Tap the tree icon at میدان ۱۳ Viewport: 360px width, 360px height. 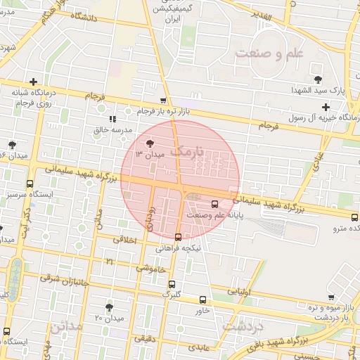[x=150, y=143]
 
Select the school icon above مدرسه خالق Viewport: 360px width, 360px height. [x=112, y=119]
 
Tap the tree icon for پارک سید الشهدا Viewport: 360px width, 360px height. [x=318, y=79]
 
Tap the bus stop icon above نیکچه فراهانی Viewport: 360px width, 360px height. [x=177, y=237]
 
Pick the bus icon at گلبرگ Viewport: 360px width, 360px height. [x=172, y=284]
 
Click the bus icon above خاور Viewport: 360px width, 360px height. [x=202, y=299]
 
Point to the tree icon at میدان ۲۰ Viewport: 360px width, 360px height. [x=109, y=307]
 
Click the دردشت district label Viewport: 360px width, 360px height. [x=242, y=327]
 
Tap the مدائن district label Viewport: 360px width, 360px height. [x=68, y=327]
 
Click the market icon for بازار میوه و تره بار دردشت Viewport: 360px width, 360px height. [x=330, y=297]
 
